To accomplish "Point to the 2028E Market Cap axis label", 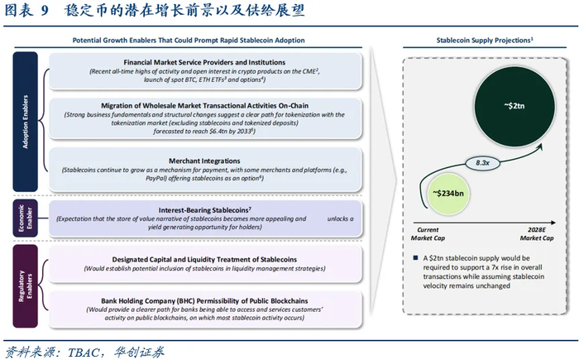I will click(536, 234).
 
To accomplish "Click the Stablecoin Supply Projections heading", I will click(484, 40).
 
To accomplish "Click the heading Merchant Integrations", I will click(206, 161).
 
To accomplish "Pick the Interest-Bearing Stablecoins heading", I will click(204, 210).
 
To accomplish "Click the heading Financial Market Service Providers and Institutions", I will click(206, 63).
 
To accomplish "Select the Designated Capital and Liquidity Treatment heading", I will click(206, 259).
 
